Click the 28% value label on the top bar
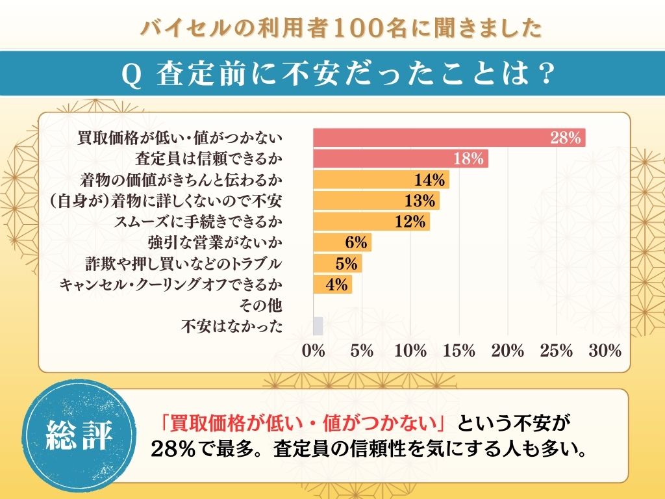point(564,138)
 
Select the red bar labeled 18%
point(401,159)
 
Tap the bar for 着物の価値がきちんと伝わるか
point(381,179)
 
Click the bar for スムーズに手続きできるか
point(371,222)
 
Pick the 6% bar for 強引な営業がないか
point(342,242)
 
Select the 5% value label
point(347,264)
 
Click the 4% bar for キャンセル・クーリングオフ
point(332,285)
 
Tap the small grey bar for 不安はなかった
point(318,326)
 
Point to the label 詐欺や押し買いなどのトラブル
point(184,264)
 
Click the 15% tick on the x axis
point(459,351)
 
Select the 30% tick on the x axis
point(605,351)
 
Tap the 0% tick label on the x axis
point(314,351)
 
